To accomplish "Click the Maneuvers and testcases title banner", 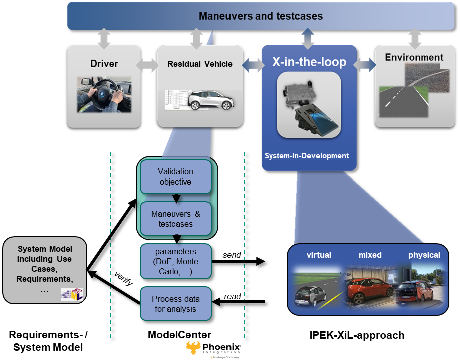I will pyautogui.click(x=261, y=16).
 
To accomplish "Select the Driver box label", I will pyautogui.click(x=104, y=64).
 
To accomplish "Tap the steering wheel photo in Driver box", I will pyautogui.click(x=104, y=94).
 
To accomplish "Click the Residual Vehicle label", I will pyautogui.click(x=200, y=64).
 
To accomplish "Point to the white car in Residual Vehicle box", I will pyautogui.click(x=209, y=100).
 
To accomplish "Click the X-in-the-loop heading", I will pyautogui.click(x=309, y=62).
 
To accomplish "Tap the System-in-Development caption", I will pyautogui.click(x=307, y=156).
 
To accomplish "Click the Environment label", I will pyautogui.click(x=414, y=57).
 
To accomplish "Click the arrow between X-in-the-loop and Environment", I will pyautogui.click(x=365, y=65).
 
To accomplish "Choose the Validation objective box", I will pyautogui.click(x=176, y=176).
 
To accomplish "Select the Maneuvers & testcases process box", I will pyautogui.click(x=176, y=219).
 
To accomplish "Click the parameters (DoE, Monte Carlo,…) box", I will pyautogui.click(x=176, y=261).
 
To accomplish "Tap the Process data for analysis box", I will pyautogui.click(x=176, y=304).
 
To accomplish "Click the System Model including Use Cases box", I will pyautogui.click(x=45, y=270).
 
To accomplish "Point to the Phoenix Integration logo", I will pyautogui.click(x=214, y=349).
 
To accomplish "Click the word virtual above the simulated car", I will pyautogui.click(x=319, y=255).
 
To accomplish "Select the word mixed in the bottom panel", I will pyautogui.click(x=370, y=255).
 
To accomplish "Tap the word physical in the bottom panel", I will pyautogui.click(x=424, y=255).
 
